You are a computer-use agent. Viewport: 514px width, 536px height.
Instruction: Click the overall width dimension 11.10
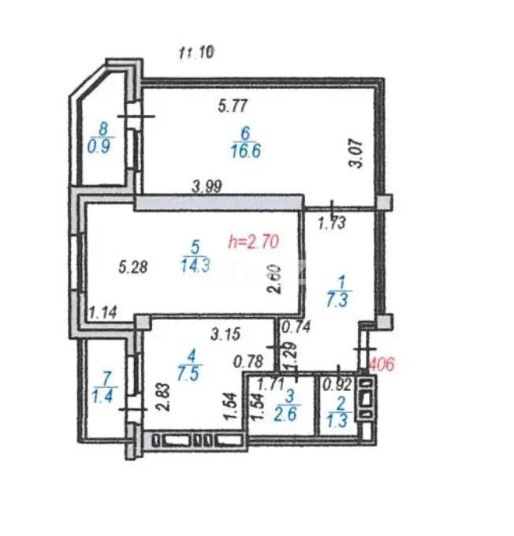[x=197, y=53]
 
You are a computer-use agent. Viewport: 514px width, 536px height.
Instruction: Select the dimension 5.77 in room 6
[x=233, y=102]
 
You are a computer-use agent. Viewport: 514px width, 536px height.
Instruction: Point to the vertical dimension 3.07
[x=357, y=153]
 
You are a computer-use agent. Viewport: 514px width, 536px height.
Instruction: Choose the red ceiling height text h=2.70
[x=254, y=242]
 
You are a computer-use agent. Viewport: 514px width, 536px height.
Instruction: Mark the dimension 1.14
[x=103, y=313]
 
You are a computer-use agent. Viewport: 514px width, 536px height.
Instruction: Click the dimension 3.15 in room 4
[x=225, y=334]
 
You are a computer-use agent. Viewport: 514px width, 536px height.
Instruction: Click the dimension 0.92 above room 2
[x=337, y=385]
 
